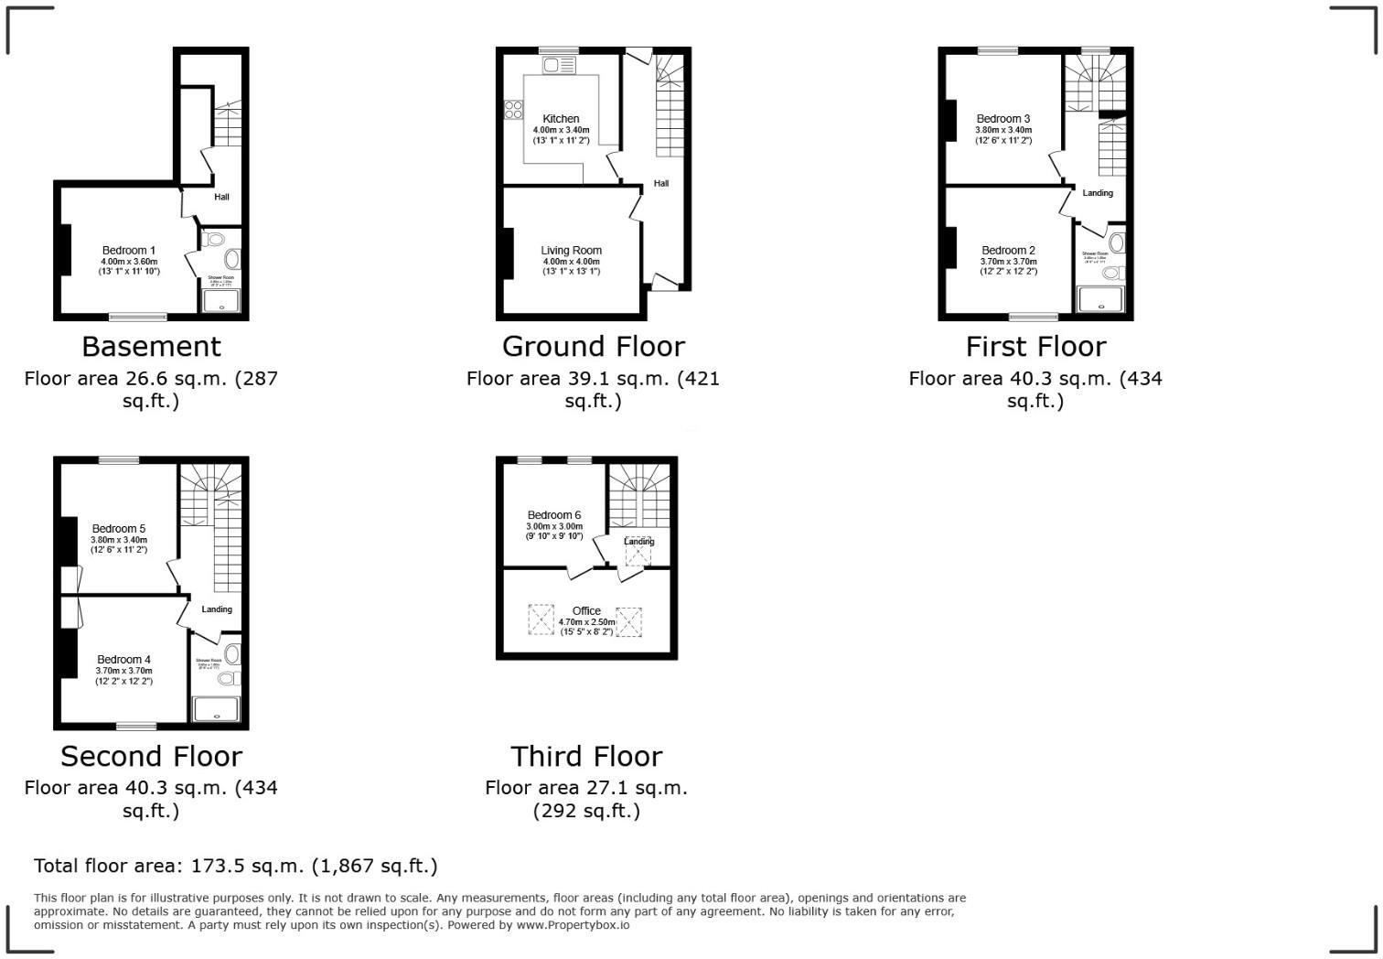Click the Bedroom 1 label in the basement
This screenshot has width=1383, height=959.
[x=128, y=251]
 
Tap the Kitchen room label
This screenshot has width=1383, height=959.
[x=561, y=119]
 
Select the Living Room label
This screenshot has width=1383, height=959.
[x=571, y=251]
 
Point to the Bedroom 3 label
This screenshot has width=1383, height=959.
[x=1002, y=119]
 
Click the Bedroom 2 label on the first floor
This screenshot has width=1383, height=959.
[x=1008, y=251]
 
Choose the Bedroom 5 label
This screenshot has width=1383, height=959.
[x=118, y=529]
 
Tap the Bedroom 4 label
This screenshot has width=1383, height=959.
[x=123, y=660]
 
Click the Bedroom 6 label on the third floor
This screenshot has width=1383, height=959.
[x=554, y=515]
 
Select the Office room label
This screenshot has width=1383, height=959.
[x=586, y=611]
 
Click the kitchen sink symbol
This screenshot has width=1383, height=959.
[x=559, y=64]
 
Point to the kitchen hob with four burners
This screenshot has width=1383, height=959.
[x=513, y=110]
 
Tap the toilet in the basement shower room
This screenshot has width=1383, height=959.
[x=216, y=240]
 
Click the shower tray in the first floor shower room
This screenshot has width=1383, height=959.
[x=1100, y=298]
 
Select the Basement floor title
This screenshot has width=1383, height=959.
[x=151, y=347]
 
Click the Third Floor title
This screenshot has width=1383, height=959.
[x=586, y=757]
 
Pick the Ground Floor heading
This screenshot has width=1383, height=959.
[x=593, y=347]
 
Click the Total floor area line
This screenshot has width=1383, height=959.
[x=236, y=866]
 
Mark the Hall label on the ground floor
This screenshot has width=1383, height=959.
[x=661, y=184]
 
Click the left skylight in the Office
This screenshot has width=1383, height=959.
[x=541, y=620]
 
